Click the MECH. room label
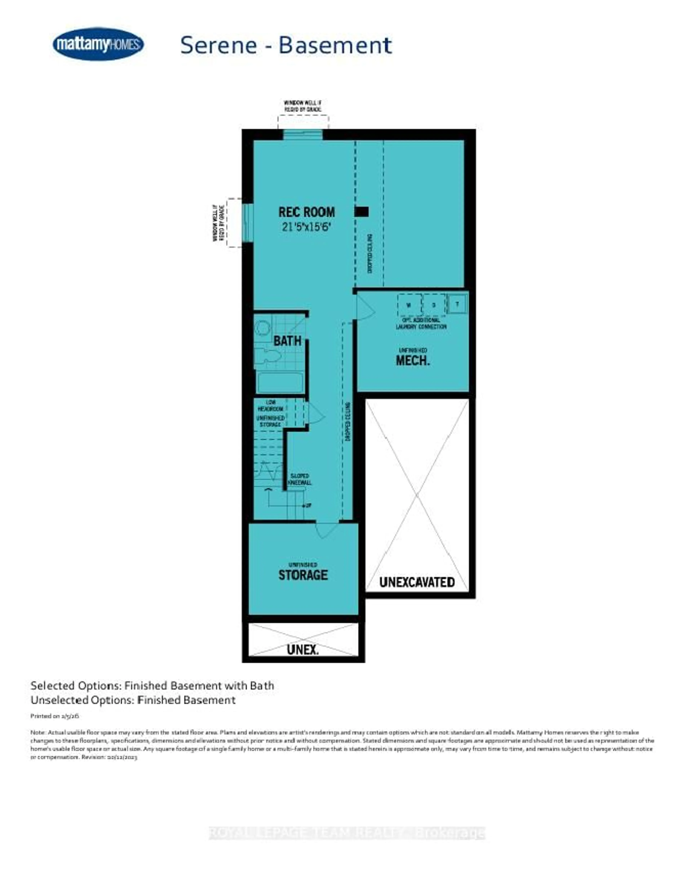[x=413, y=360]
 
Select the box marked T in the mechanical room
[x=457, y=304]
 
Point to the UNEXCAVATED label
[x=417, y=582]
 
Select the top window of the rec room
[x=303, y=135]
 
